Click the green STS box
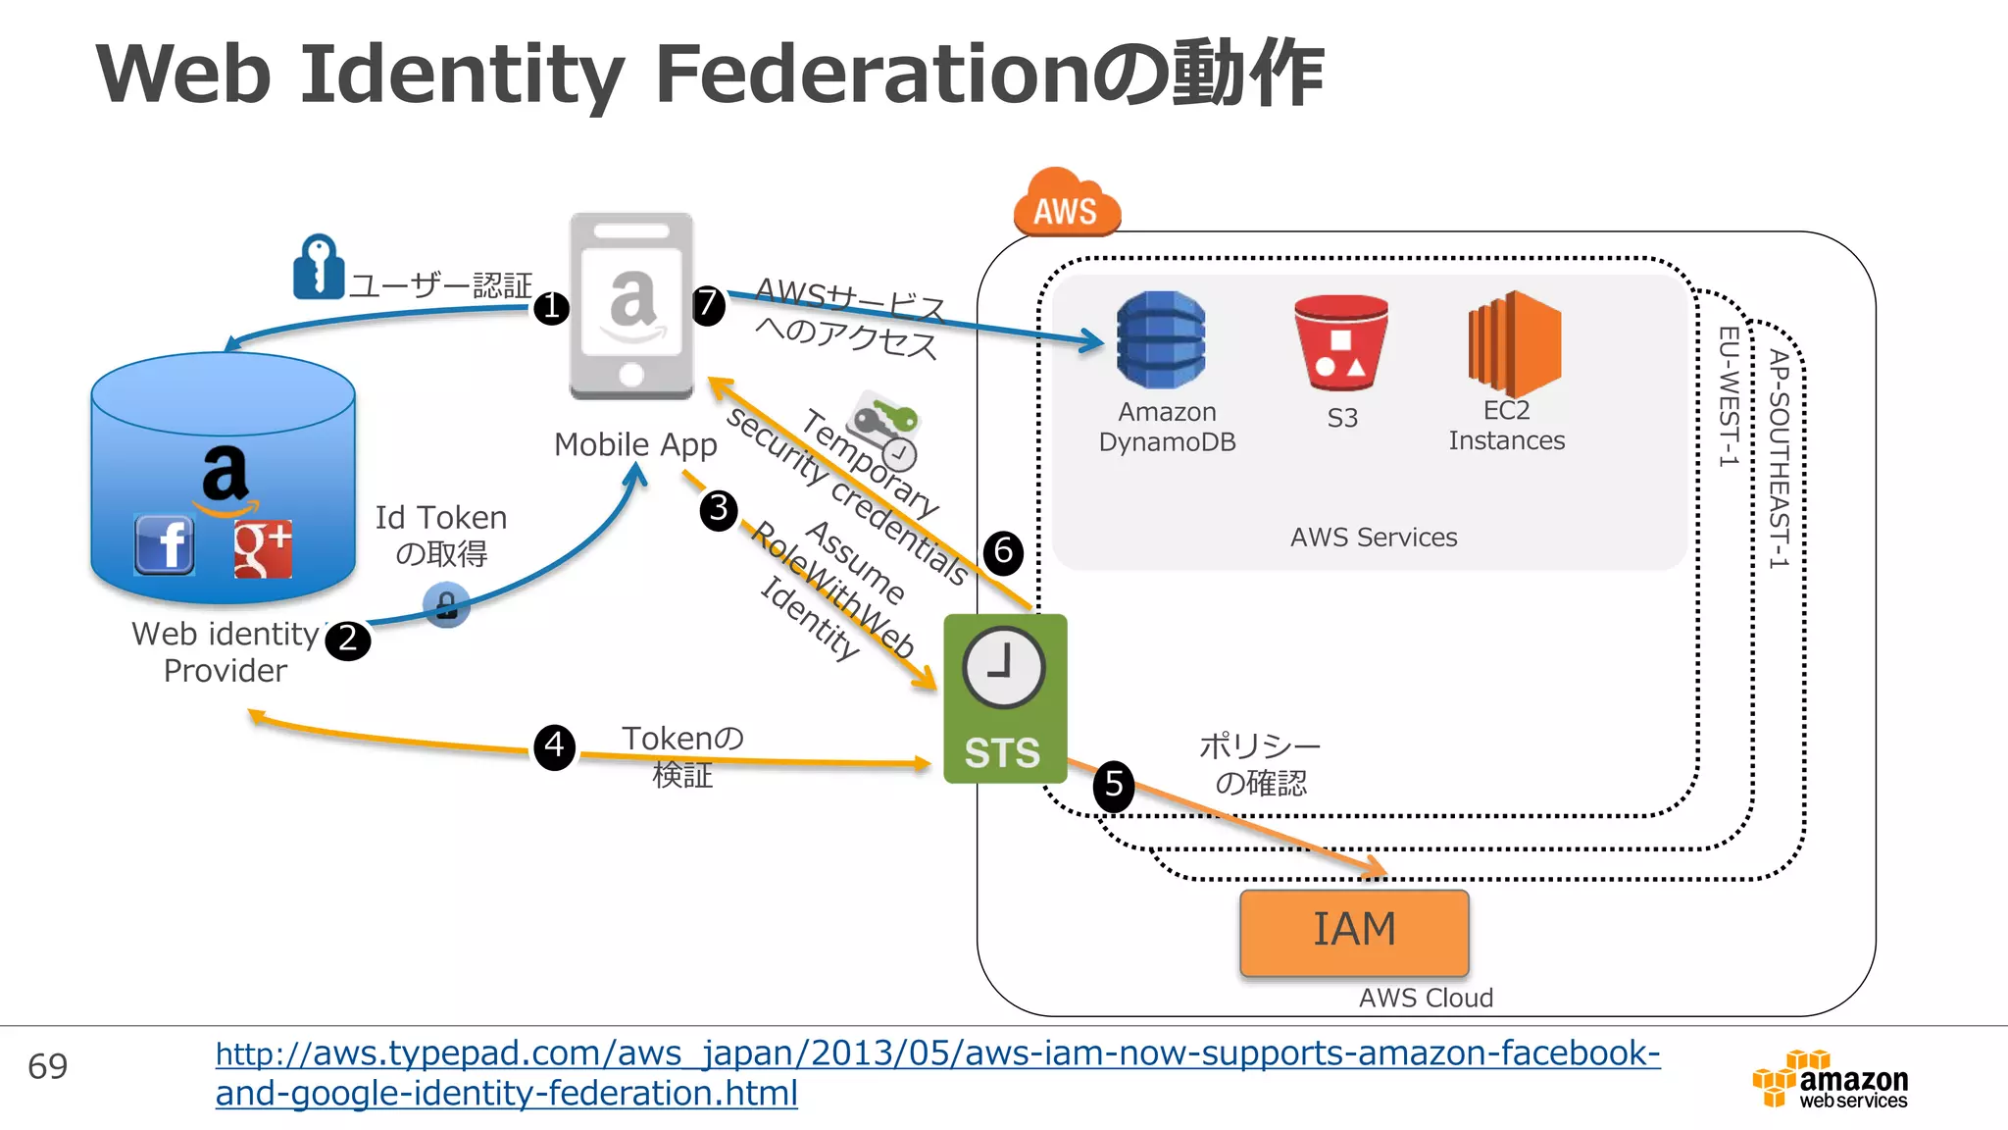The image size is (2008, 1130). (x=1004, y=698)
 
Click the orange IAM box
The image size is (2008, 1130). (x=1354, y=932)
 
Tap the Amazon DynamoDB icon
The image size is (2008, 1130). (x=1161, y=339)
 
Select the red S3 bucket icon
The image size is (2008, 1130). (x=1340, y=342)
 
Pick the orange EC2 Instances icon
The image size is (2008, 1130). (x=1513, y=343)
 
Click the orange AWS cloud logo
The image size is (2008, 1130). (x=1067, y=204)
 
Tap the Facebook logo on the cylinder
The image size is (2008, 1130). (x=164, y=544)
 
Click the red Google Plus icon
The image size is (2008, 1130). (x=263, y=548)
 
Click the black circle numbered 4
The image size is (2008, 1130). (x=555, y=746)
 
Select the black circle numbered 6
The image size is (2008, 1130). (x=1003, y=552)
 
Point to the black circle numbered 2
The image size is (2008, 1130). (x=347, y=641)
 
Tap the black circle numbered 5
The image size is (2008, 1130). (x=1114, y=786)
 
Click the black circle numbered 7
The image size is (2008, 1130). (x=708, y=305)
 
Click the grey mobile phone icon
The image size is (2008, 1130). (x=632, y=307)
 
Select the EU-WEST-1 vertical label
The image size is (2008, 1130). (x=1729, y=396)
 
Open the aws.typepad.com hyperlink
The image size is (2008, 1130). (x=937, y=1073)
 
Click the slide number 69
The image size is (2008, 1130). (x=48, y=1066)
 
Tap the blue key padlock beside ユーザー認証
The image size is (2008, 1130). (x=318, y=267)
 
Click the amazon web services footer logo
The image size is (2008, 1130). (x=1831, y=1080)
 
